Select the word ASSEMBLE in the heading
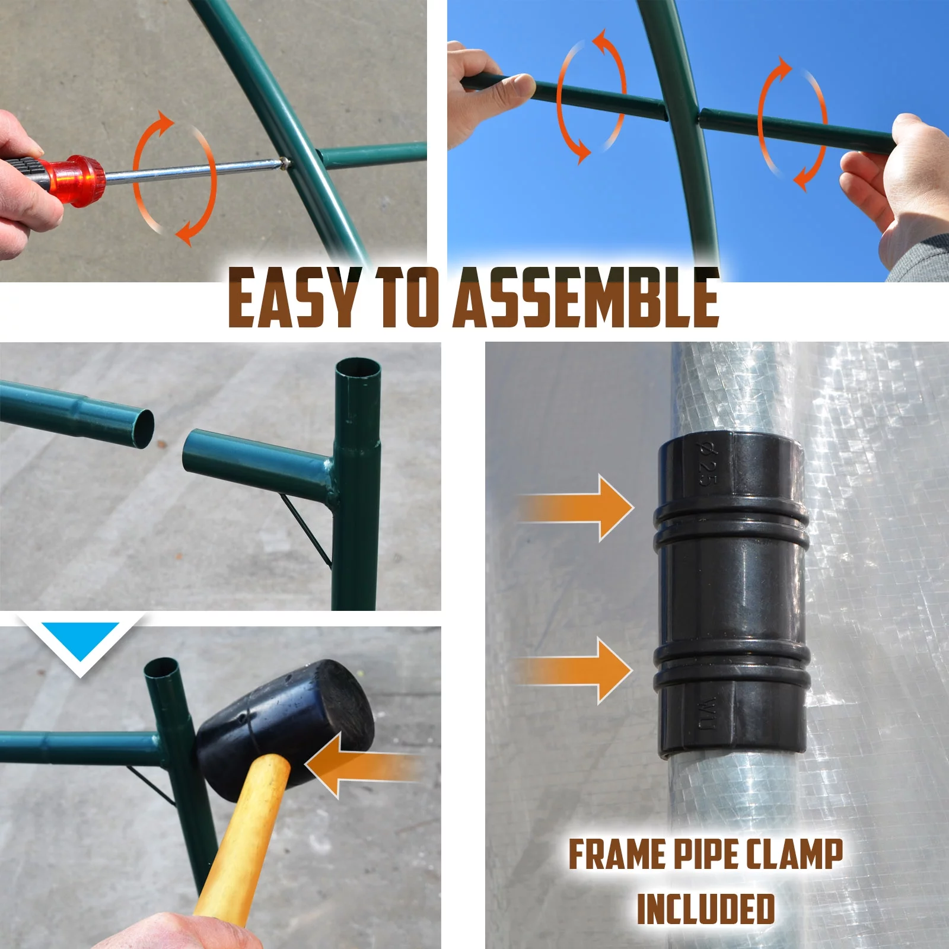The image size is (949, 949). tap(587, 298)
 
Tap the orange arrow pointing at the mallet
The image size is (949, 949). tap(362, 765)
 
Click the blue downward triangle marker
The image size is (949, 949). tap(80, 641)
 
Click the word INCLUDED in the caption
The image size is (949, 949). tap(706, 909)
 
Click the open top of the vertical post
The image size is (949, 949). tap(358, 368)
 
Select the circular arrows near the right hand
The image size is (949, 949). tap(792, 125)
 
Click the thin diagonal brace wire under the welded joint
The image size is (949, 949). tap(305, 531)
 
